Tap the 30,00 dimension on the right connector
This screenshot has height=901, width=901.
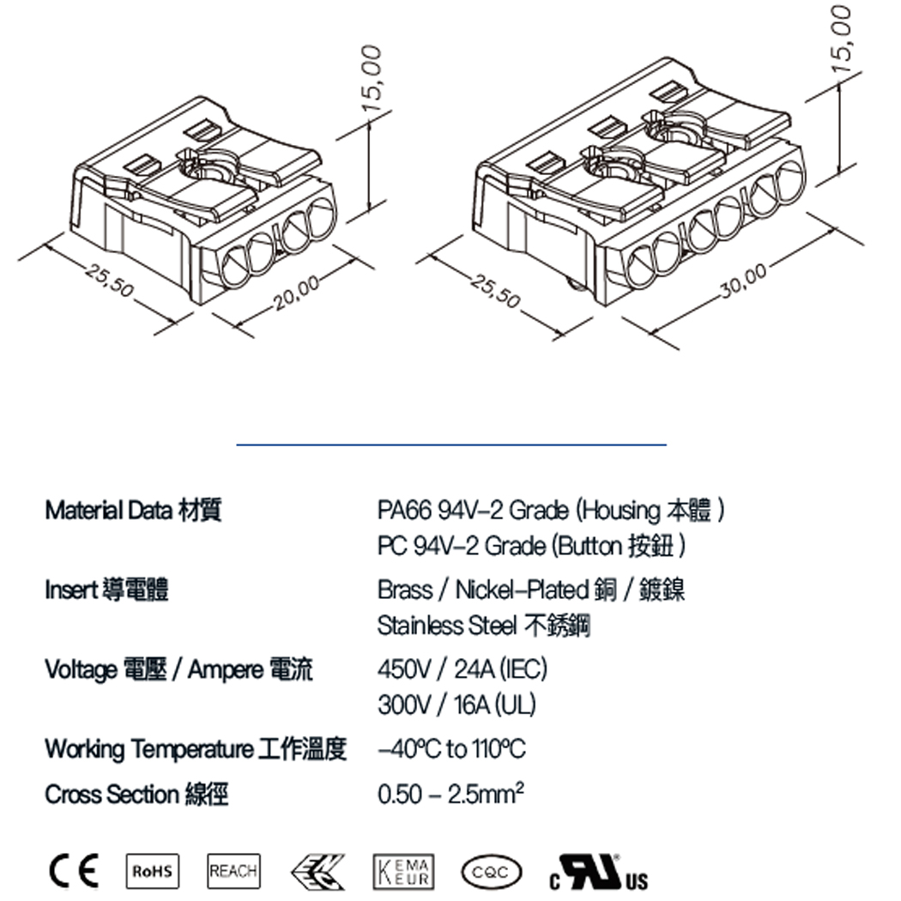743,282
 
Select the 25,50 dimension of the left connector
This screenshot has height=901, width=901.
111,282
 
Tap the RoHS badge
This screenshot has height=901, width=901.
152,872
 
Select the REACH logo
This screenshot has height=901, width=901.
233,872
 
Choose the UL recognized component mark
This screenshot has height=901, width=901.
598,872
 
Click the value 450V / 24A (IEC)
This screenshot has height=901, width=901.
462,668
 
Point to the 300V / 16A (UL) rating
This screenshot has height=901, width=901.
457,704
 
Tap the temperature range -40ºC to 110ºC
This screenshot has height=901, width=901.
451,749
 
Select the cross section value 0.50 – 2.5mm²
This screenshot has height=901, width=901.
450,794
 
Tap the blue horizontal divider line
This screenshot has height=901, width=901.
451,444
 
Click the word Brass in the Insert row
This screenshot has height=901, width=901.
404,590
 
